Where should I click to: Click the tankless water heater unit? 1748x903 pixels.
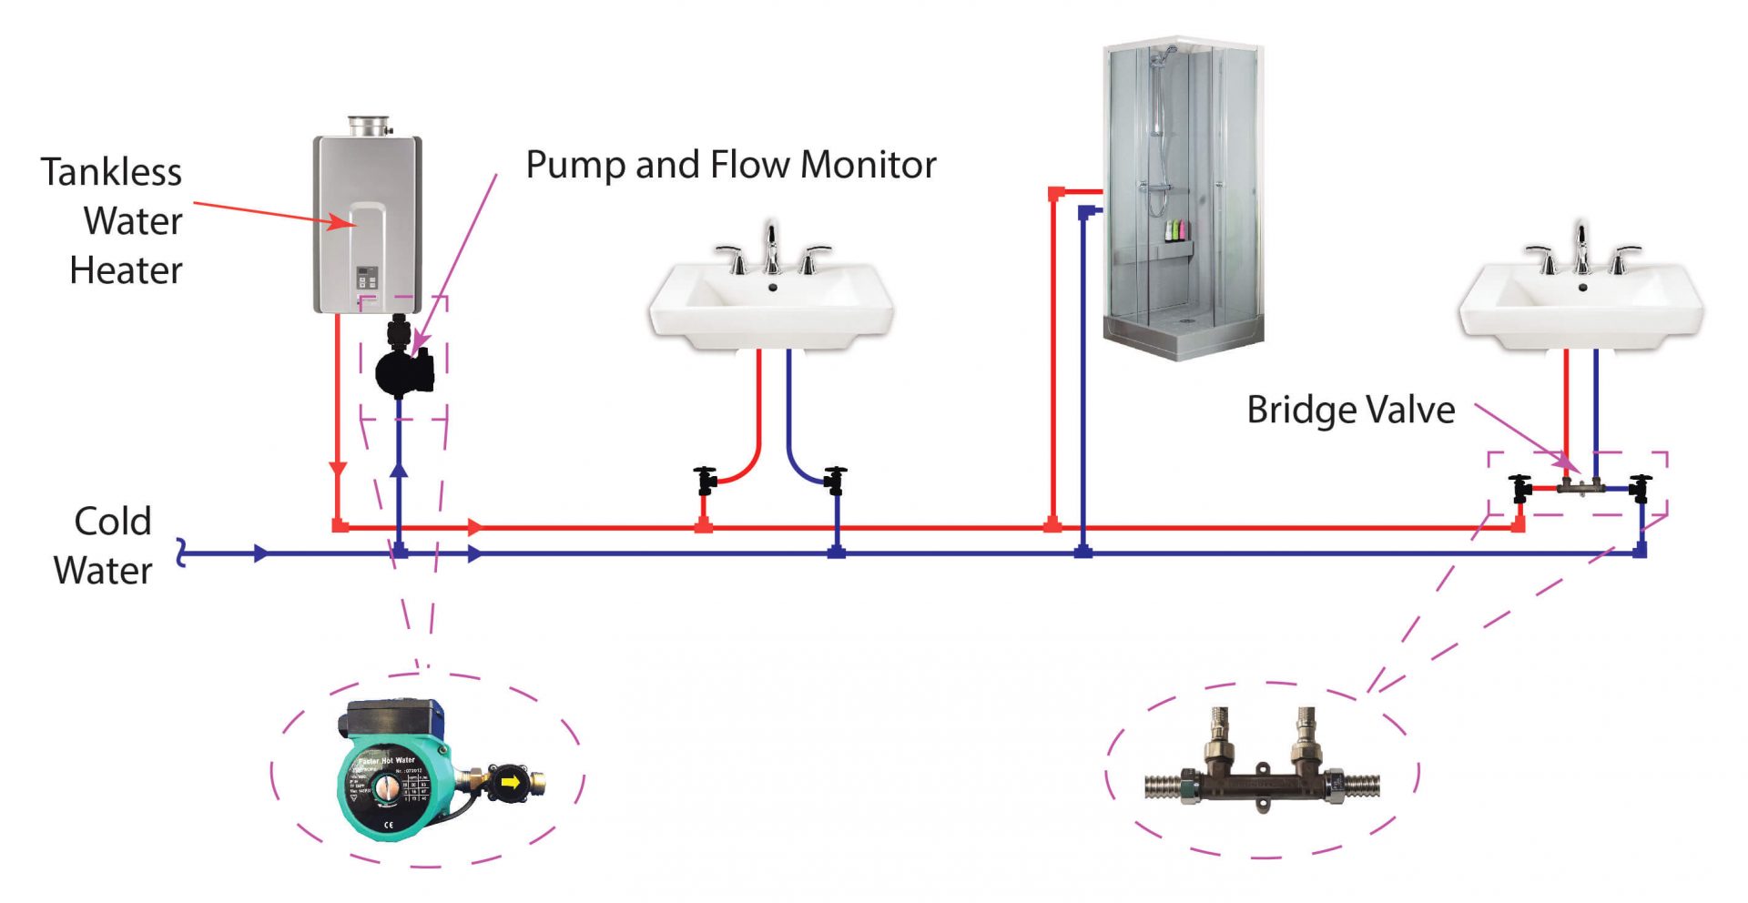(x=368, y=223)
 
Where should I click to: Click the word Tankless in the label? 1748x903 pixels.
(x=111, y=172)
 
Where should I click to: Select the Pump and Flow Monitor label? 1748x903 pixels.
(x=731, y=165)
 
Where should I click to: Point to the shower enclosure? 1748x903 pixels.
(x=1183, y=196)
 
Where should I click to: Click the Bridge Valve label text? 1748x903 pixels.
(x=1350, y=410)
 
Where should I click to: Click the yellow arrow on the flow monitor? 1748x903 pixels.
(x=511, y=782)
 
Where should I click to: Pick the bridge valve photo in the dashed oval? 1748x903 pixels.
(x=1262, y=769)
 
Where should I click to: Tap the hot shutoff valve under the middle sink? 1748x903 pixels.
(x=706, y=480)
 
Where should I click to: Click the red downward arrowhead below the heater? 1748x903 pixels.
(x=338, y=469)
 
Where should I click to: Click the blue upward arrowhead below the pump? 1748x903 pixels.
(x=399, y=469)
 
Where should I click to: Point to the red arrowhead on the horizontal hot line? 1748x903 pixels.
(x=474, y=527)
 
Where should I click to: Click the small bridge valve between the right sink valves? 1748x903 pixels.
(x=1580, y=487)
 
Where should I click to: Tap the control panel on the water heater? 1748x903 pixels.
(x=366, y=278)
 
